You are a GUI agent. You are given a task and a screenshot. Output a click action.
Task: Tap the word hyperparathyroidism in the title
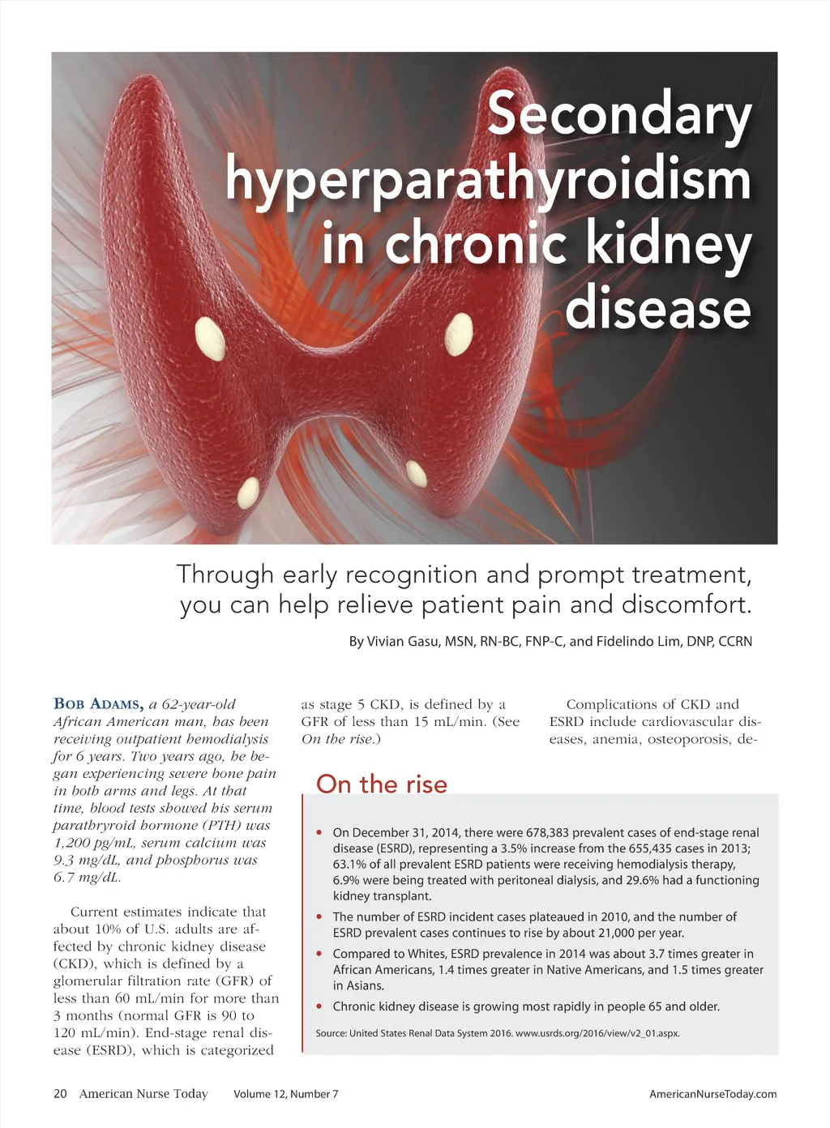point(488,180)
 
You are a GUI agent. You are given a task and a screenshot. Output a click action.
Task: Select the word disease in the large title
point(657,310)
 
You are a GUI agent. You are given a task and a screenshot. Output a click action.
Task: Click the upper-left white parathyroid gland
point(210,338)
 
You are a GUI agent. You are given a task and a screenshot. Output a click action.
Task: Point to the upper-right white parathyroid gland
point(459,333)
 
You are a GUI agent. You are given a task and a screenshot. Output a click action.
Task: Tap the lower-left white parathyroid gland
point(248,492)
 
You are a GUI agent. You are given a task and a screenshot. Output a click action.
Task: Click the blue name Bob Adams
point(99,703)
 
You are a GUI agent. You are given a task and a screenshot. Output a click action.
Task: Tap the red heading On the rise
point(381,784)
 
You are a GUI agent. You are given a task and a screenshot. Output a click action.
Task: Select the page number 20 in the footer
point(60,1094)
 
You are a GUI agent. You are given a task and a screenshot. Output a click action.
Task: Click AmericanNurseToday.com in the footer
point(712,1094)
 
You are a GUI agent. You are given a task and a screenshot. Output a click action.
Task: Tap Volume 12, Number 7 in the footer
point(285,1094)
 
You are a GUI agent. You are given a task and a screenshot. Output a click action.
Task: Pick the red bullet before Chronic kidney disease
point(319,1006)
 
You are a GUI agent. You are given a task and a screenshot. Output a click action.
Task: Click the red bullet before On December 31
point(319,832)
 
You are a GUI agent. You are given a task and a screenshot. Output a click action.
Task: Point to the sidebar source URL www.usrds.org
point(597,1033)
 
